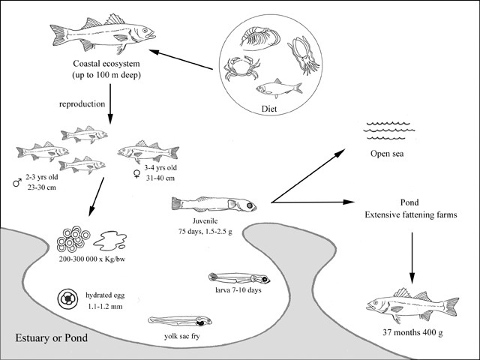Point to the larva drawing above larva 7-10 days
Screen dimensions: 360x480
coord(240,279)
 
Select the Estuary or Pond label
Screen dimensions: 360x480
coord(52,338)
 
